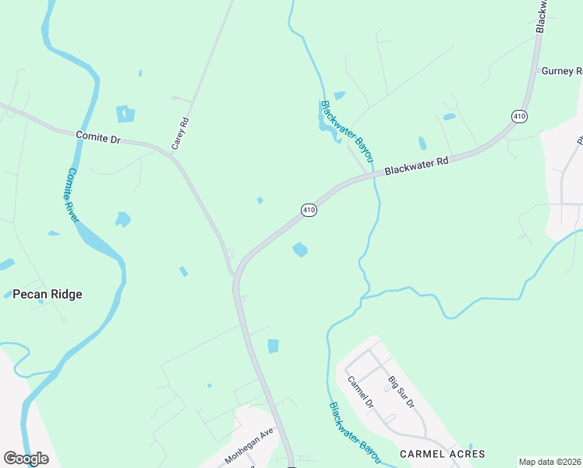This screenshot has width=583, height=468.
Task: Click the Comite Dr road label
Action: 98,137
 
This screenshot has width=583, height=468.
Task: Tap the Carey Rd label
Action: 180,133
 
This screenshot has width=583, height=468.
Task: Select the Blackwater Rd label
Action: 417,165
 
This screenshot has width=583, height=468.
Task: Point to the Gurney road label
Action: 562,70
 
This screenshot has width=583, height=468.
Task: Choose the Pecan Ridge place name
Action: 48,294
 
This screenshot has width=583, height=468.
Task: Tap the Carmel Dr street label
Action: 361,394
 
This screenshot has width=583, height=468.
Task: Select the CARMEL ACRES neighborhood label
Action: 442,453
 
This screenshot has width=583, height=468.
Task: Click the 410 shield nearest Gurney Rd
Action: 519,116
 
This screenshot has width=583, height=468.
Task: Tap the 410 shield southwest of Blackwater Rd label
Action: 309,210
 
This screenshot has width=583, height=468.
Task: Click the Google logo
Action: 26,459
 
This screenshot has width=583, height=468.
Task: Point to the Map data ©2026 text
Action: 549,462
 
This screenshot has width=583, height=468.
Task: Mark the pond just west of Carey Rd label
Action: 125,114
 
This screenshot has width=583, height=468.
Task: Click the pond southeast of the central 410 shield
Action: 300,250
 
